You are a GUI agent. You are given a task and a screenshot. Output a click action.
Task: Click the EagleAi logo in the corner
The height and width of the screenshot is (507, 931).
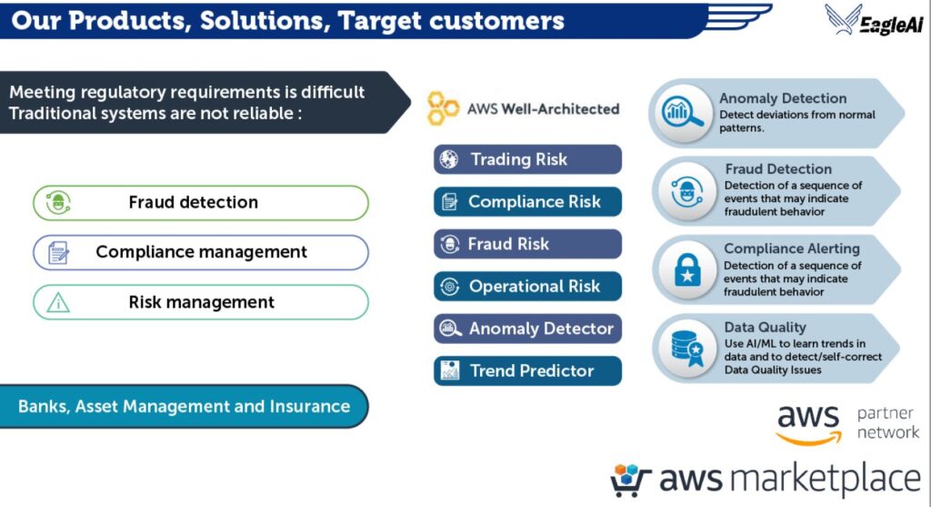pos(875,20)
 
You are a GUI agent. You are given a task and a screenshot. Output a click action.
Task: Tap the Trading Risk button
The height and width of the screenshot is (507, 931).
pos(527,159)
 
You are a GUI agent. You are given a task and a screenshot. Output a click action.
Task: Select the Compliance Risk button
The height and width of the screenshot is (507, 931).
pos(527,202)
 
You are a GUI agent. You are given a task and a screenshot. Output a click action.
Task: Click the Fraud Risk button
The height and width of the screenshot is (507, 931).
pos(527,244)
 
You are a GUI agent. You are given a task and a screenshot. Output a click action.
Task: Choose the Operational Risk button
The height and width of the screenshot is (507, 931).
pos(527,287)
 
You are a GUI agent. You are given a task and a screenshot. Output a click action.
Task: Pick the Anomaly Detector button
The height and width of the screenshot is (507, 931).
pos(527,329)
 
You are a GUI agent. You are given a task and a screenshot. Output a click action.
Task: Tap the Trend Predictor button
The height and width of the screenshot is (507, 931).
pos(527,370)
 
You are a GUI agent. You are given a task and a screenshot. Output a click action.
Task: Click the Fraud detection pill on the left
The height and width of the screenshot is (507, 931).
pos(201,203)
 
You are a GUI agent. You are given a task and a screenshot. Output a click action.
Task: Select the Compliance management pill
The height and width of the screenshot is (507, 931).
pos(201,252)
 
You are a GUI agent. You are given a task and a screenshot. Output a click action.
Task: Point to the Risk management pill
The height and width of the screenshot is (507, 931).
pos(201,302)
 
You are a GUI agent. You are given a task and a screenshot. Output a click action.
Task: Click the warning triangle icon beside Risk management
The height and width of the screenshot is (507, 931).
pos(58,302)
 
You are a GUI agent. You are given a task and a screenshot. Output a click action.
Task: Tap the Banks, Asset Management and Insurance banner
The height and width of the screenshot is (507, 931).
pos(184,406)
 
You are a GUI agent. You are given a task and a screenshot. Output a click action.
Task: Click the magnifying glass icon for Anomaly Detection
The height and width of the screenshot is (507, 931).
pos(683,112)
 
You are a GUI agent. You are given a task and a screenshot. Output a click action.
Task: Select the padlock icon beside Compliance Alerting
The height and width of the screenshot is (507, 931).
pos(686,270)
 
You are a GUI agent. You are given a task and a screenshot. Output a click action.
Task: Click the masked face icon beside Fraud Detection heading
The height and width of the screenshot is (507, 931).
pos(686,191)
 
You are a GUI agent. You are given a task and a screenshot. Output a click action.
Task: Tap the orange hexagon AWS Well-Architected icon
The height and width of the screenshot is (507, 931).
pos(444,108)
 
